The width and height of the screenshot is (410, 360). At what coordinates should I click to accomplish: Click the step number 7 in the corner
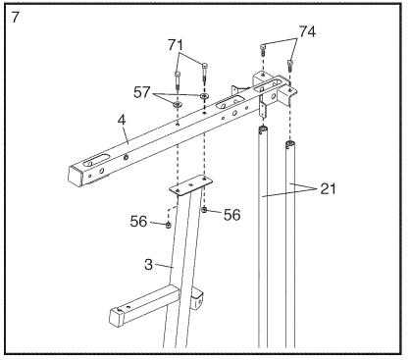click(16, 17)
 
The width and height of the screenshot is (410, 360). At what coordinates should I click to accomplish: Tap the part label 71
click(176, 45)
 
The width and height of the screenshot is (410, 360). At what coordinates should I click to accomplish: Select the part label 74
click(307, 32)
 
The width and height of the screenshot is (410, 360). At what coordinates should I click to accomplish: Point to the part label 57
click(141, 92)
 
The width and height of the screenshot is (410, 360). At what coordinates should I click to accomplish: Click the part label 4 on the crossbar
click(122, 120)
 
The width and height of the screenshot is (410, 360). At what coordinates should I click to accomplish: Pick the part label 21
click(328, 188)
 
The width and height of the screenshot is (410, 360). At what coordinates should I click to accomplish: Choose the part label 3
click(148, 265)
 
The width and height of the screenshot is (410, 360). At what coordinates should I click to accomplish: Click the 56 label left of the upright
click(138, 222)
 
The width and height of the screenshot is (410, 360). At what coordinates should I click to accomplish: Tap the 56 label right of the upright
click(232, 215)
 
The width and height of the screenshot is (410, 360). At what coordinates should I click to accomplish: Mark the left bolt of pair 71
click(178, 80)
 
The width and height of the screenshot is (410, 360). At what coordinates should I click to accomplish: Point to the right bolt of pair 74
click(289, 65)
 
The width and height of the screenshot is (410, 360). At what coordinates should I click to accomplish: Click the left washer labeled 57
click(178, 105)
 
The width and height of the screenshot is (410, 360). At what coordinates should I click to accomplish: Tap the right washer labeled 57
click(204, 96)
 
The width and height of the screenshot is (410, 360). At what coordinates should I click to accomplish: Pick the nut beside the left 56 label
click(168, 225)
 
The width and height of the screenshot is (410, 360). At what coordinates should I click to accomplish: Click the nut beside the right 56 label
click(204, 210)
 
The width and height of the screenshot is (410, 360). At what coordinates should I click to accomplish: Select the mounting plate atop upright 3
click(191, 185)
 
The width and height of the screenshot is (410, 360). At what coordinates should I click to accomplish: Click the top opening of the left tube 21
click(263, 128)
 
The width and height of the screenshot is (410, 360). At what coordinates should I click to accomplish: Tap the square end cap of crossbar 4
click(75, 176)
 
